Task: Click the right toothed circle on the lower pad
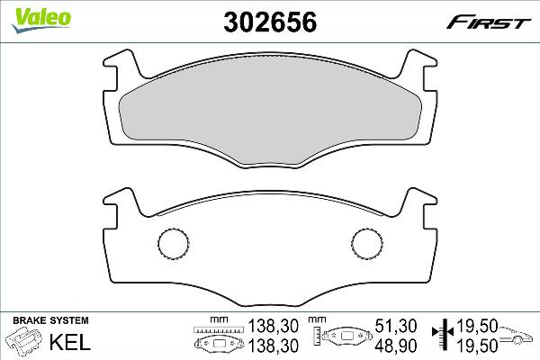(x=367, y=243)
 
